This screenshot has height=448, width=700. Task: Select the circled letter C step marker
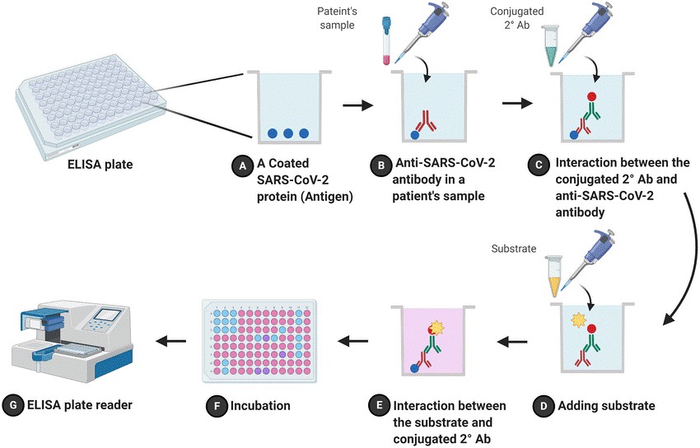coord(536,166)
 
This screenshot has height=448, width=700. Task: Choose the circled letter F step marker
coord(213,405)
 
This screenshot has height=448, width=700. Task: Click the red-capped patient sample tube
coord(385,43)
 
